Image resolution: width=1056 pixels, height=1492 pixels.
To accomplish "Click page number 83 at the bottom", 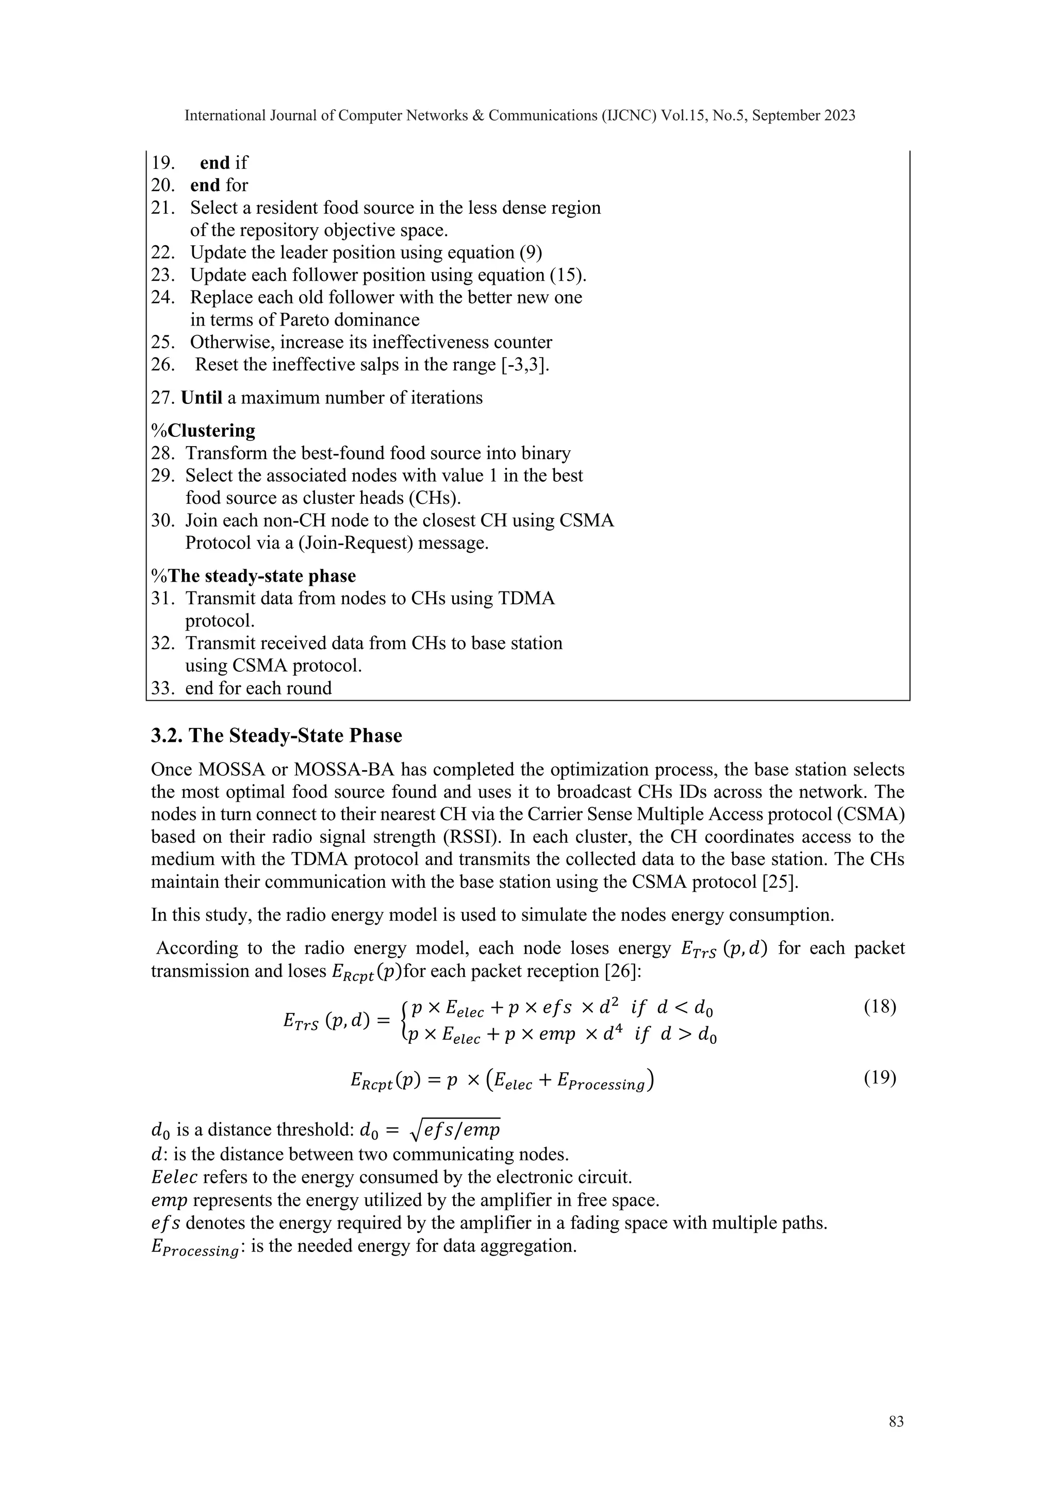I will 896,1422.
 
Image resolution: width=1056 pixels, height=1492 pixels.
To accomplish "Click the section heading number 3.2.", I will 169,736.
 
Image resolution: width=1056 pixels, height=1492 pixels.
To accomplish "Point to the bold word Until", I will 202,398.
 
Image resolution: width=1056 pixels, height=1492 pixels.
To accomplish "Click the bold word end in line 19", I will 214,162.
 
